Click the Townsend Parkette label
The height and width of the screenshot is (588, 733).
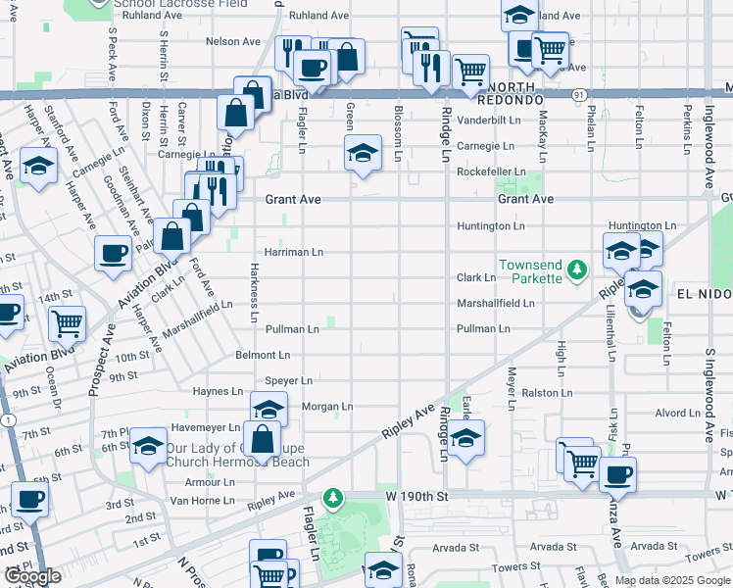tap(530, 271)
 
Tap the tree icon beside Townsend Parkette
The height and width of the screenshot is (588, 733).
tap(578, 267)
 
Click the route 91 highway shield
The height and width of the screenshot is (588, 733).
tap(580, 95)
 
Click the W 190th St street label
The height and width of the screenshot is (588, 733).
tap(416, 497)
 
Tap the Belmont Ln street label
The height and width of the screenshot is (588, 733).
tap(263, 355)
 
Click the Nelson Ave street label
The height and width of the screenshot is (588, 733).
tap(232, 42)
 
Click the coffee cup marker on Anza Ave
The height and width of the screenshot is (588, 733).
tap(617, 475)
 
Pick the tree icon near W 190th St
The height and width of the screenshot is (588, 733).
tap(333, 498)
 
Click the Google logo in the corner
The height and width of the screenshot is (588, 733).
tap(31, 576)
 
